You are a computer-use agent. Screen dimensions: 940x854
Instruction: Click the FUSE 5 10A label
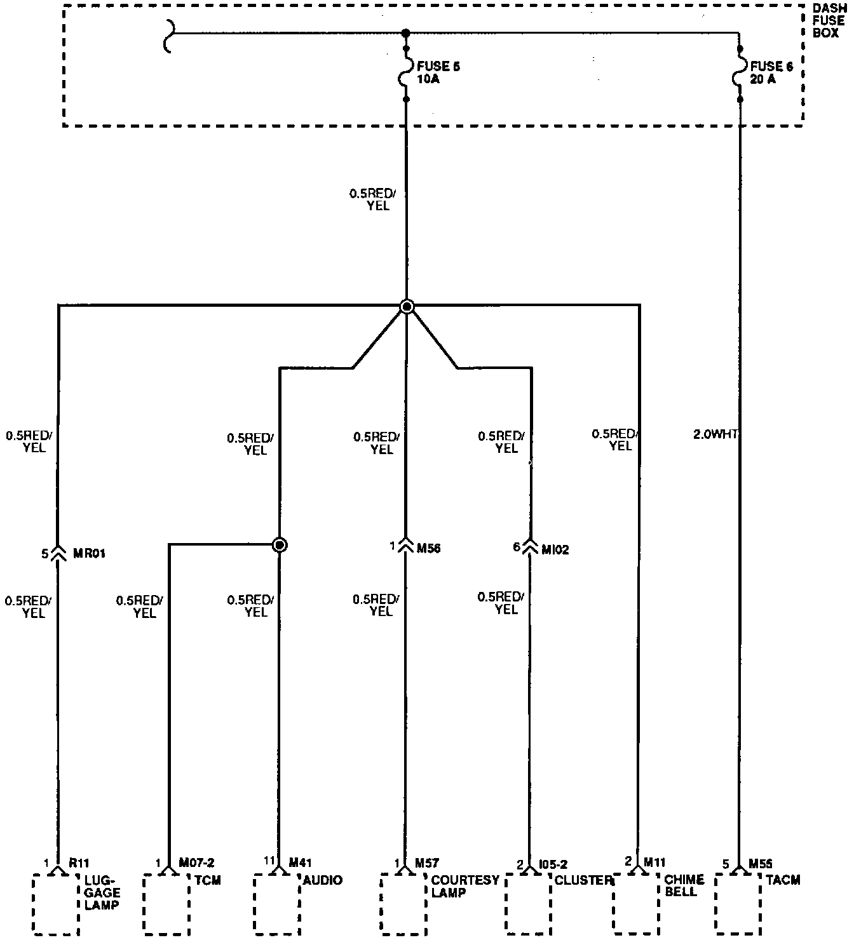437,73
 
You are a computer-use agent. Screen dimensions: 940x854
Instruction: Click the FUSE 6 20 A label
771,73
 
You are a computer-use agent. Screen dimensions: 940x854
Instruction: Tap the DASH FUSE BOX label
829,21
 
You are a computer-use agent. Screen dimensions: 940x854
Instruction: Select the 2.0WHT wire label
715,434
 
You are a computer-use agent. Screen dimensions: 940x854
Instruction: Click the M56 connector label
428,548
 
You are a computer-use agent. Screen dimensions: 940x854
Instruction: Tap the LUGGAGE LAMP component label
102,892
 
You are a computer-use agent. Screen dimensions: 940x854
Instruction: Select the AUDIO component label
323,880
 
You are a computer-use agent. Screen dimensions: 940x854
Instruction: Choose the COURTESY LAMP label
465,886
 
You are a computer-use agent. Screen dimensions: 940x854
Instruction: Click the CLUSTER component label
583,880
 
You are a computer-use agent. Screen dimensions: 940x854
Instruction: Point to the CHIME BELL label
684,885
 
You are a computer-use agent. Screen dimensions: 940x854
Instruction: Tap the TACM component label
783,880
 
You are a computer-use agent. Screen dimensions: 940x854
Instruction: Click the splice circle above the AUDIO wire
279,545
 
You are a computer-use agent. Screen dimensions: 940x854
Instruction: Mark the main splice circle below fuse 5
407,307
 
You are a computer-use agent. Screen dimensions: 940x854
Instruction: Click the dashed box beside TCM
166,904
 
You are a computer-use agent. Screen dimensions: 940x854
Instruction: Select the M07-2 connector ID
196,863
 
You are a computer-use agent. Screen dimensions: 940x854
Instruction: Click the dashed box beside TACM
738,904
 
